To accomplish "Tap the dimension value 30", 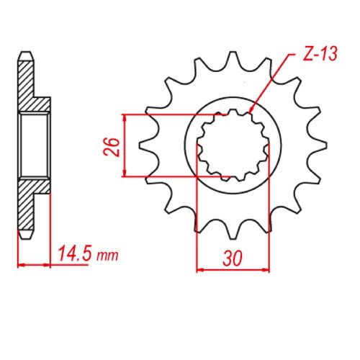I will [233, 258].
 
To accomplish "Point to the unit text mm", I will [106, 256].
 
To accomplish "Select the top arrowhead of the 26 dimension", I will [126, 117].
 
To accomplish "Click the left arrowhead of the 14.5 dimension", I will [20, 264].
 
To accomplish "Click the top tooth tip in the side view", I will [25, 56].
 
